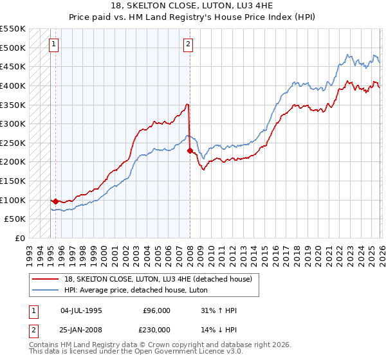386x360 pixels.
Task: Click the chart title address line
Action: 192,6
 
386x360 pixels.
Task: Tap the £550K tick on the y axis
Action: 13,29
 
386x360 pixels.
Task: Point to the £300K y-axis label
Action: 13,123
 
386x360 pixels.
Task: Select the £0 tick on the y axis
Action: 20,238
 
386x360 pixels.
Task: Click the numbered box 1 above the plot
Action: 53,44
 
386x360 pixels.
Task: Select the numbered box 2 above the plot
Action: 188,44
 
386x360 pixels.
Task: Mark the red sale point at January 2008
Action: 190,150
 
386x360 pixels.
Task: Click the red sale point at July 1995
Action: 55,201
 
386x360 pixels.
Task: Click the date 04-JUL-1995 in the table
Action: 81,310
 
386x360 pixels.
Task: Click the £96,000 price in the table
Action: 156,310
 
